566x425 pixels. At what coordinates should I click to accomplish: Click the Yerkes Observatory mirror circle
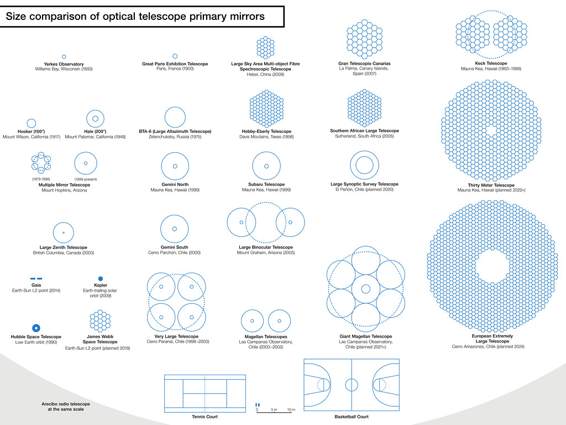coord(64,57)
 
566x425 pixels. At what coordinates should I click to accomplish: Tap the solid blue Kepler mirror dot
coord(100,279)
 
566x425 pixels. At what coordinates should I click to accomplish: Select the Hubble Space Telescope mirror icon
coord(36,328)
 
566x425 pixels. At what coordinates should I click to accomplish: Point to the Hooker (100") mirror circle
coord(32,123)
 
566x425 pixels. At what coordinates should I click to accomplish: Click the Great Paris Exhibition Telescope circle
coord(175,56)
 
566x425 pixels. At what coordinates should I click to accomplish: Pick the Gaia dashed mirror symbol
coord(36,278)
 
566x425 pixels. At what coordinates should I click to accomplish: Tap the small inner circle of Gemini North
coord(175,166)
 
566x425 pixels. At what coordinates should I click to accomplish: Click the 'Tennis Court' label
coord(204,417)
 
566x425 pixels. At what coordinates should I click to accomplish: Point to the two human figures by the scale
coord(258,405)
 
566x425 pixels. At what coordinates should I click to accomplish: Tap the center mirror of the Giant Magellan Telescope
coord(365,289)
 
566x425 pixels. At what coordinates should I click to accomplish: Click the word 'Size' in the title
coord(17,17)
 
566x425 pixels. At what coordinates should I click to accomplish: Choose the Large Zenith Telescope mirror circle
coord(64,234)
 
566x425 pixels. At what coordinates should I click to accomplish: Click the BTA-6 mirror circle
coord(175,117)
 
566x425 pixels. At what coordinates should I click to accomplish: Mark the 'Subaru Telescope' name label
coord(268,184)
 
